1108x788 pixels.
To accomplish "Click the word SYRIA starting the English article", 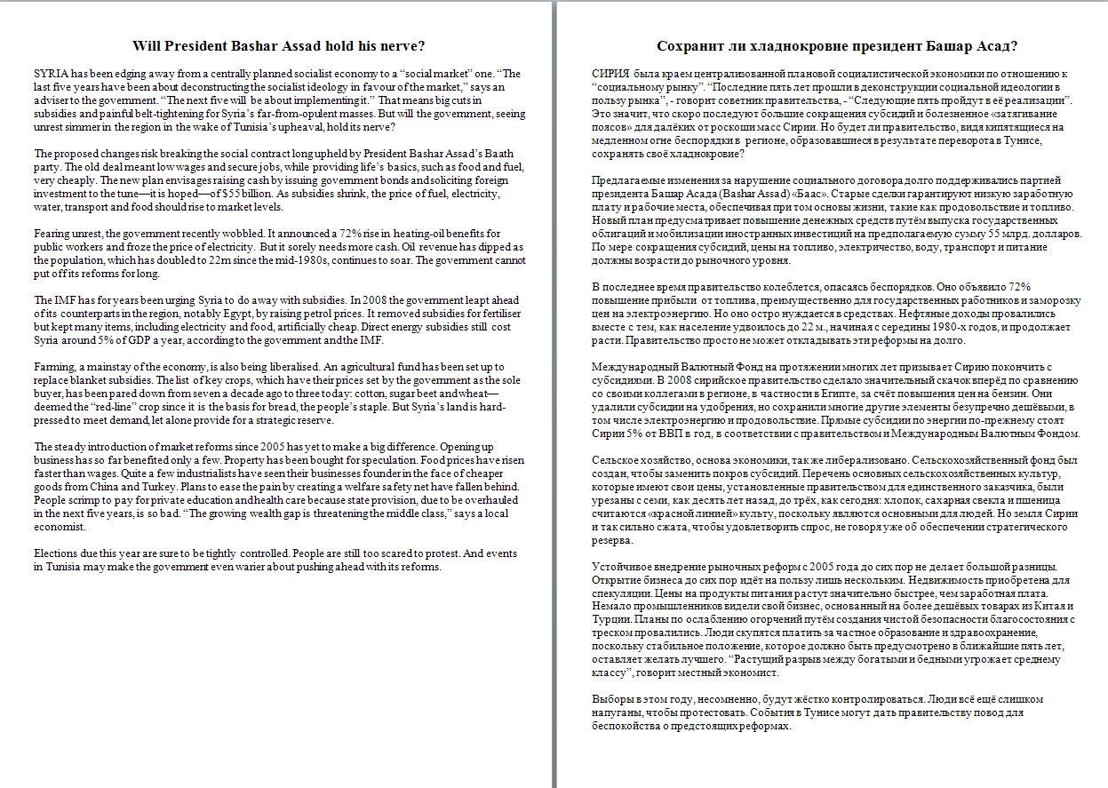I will pyautogui.click(x=49, y=74).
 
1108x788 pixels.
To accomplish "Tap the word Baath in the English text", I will pyautogui.click(x=501, y=154).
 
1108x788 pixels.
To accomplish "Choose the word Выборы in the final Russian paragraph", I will pyautogui.click(x=613, y=699).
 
